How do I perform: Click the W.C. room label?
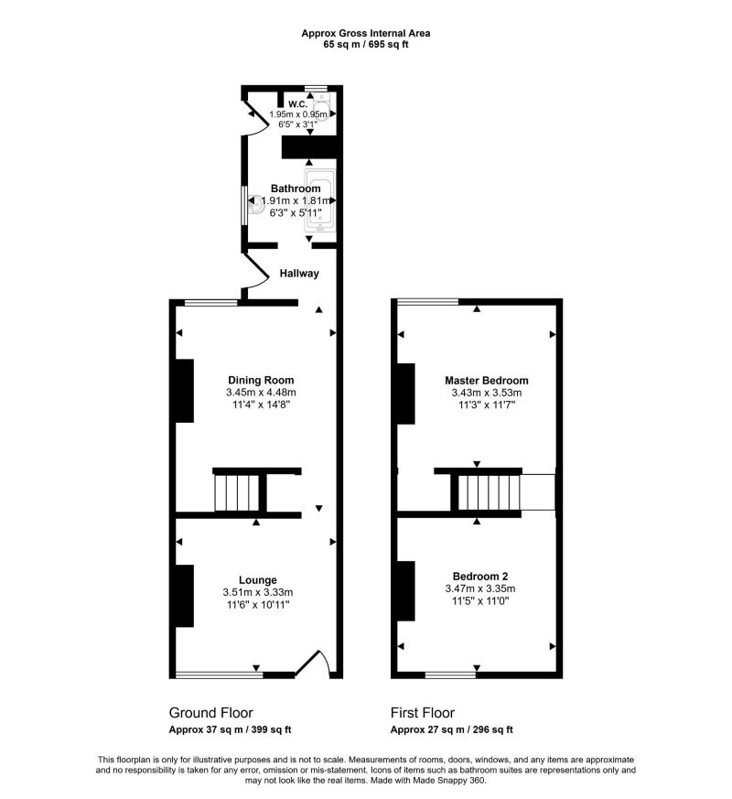(296, 103)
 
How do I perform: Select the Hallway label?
(299, 273)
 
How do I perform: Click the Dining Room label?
(261, 380)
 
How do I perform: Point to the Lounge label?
(258, 579)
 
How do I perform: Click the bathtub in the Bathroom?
(320, 197)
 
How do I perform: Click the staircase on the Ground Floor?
(238, 493)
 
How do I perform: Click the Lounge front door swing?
(316, 664)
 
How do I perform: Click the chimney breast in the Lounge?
(184, 596)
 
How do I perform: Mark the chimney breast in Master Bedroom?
(404, 393)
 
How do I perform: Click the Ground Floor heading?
(210, 713)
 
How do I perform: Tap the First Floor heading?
(423, 713)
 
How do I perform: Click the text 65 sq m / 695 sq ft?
(366, 44)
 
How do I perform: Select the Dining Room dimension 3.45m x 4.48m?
(261, 394)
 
